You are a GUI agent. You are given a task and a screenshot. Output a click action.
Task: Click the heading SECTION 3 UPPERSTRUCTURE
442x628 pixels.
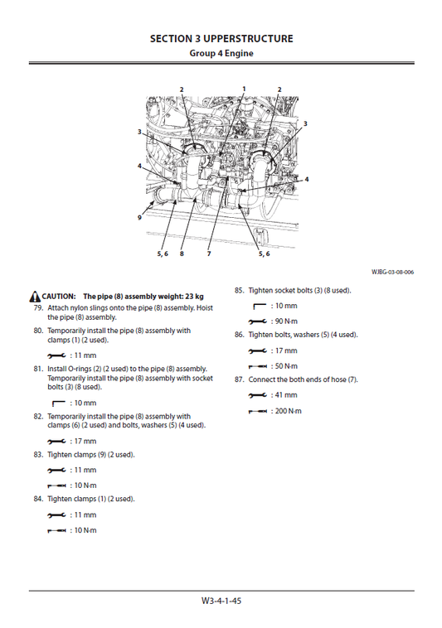[221, 38]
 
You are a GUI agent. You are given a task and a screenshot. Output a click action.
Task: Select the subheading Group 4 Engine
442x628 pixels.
[221, 54]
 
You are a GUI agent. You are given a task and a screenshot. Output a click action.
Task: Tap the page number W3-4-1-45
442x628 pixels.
[221, 601]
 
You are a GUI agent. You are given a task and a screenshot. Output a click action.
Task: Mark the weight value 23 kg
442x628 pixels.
[192, 296]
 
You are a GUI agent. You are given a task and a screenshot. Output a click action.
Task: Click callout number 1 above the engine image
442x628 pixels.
[244, 88]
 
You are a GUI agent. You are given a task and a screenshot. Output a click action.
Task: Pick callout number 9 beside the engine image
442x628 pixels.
[140, 218]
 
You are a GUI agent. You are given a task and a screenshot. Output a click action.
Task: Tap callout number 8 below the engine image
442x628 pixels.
[181, 254]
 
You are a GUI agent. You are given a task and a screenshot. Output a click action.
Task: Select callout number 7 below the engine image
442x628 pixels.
[208, 254]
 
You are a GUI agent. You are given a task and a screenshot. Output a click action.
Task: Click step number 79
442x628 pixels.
[38, 307]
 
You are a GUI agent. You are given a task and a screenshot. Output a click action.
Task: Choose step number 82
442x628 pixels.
[38, 417]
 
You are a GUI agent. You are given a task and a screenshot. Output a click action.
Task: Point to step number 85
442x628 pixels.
[239, 291]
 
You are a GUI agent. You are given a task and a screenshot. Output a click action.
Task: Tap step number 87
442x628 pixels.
[239, 379]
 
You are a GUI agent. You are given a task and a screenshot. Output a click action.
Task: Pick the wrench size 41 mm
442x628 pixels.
[285, 395]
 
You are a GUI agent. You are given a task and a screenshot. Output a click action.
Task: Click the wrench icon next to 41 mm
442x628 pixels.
[259, 395]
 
